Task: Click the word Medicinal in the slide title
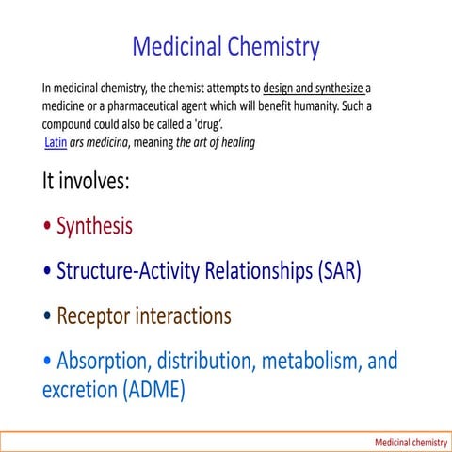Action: click(x=180, y=45)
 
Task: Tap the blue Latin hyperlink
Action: click(x=55, y=142)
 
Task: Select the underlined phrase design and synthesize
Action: click(x=313, y=89)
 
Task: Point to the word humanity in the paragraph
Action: click(x=307, y=106)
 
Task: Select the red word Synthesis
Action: click(x=94, y=226)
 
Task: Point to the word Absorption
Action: click(x=103, y=361)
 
